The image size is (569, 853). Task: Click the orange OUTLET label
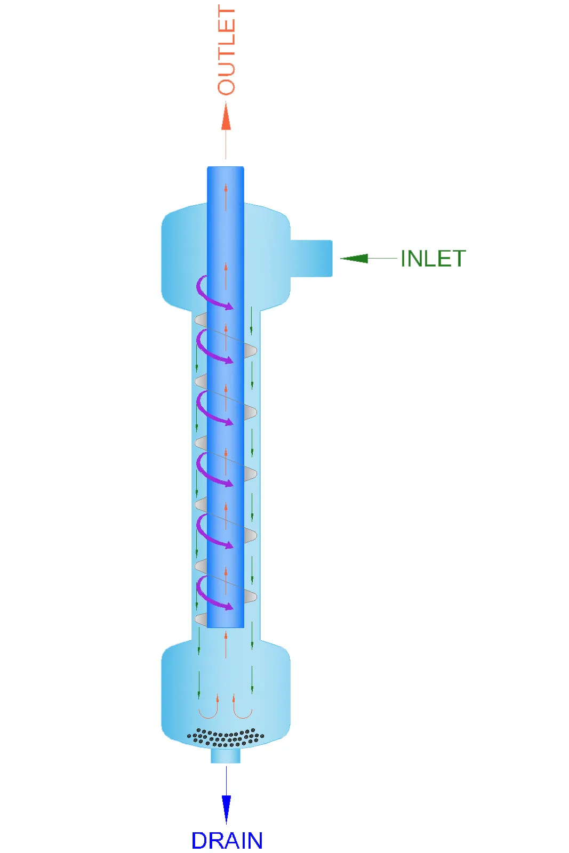pyautogui.click(x=226, y=50)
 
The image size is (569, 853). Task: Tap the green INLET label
pyautogui.click(x=433, y=259)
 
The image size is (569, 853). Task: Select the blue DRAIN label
pyautogui.click(x=227, y=840)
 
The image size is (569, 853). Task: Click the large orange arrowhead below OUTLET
pyautogui.click(x=226, y=116)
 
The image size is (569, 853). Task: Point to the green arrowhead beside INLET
pyautogui.click(x=354, y=259)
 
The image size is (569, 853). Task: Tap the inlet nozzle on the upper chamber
pyautogui.click(x=311, y=258)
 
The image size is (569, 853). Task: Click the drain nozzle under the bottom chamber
pyautogui.click(x=226, y=756)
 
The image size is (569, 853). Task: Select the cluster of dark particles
pyautogui.click(x=226, y=737)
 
